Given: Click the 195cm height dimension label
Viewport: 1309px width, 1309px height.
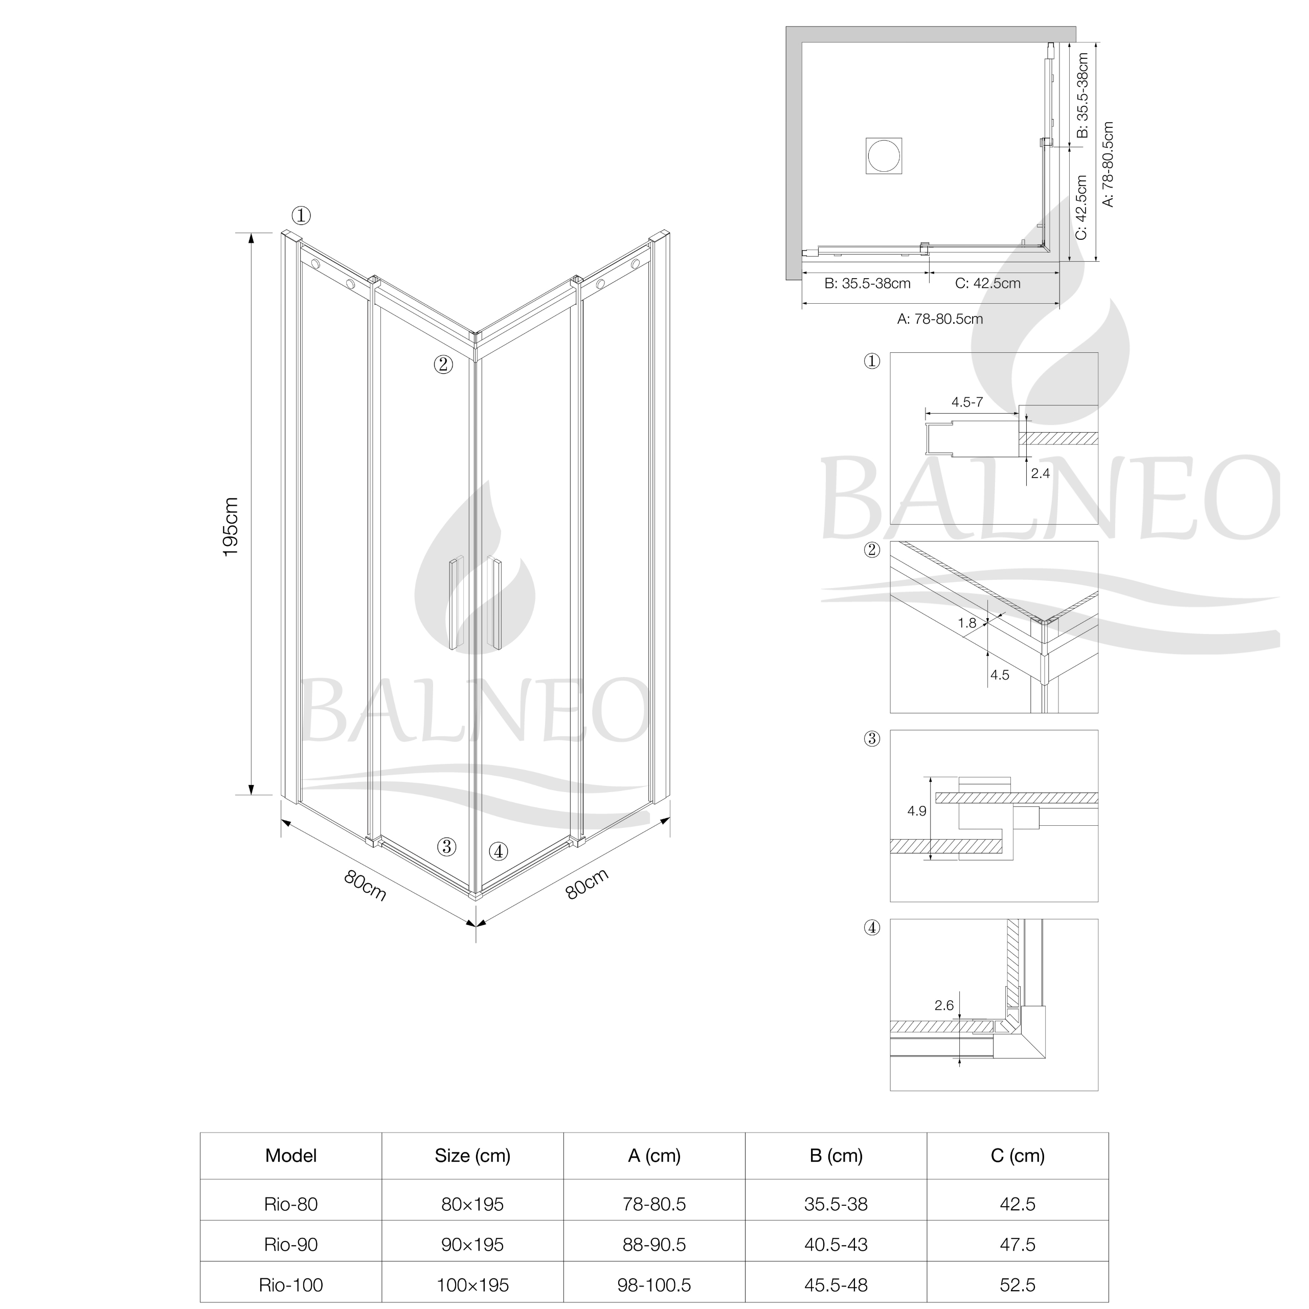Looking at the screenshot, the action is pyautogui.click(x=231, y=527).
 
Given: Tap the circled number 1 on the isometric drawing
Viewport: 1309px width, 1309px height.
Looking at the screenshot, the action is pyautogui.click(x=302, y=215).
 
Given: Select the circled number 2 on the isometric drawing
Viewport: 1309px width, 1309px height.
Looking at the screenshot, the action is pyautogui.click(x=443, y=364).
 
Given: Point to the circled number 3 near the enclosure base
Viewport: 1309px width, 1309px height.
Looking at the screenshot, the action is pyautogui.click(x=446, y=846).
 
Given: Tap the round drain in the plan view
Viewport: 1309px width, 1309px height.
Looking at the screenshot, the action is pyautogui.click(x=884, y=155).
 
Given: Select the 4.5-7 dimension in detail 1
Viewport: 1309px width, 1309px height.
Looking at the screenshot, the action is pyautogui.click(x=967, y=402).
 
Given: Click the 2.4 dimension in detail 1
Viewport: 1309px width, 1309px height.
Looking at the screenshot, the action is pyautogui.click(x=1040, y=473).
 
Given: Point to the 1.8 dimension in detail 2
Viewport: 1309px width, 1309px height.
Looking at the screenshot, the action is pyautogui.click(x=967, y=623).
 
